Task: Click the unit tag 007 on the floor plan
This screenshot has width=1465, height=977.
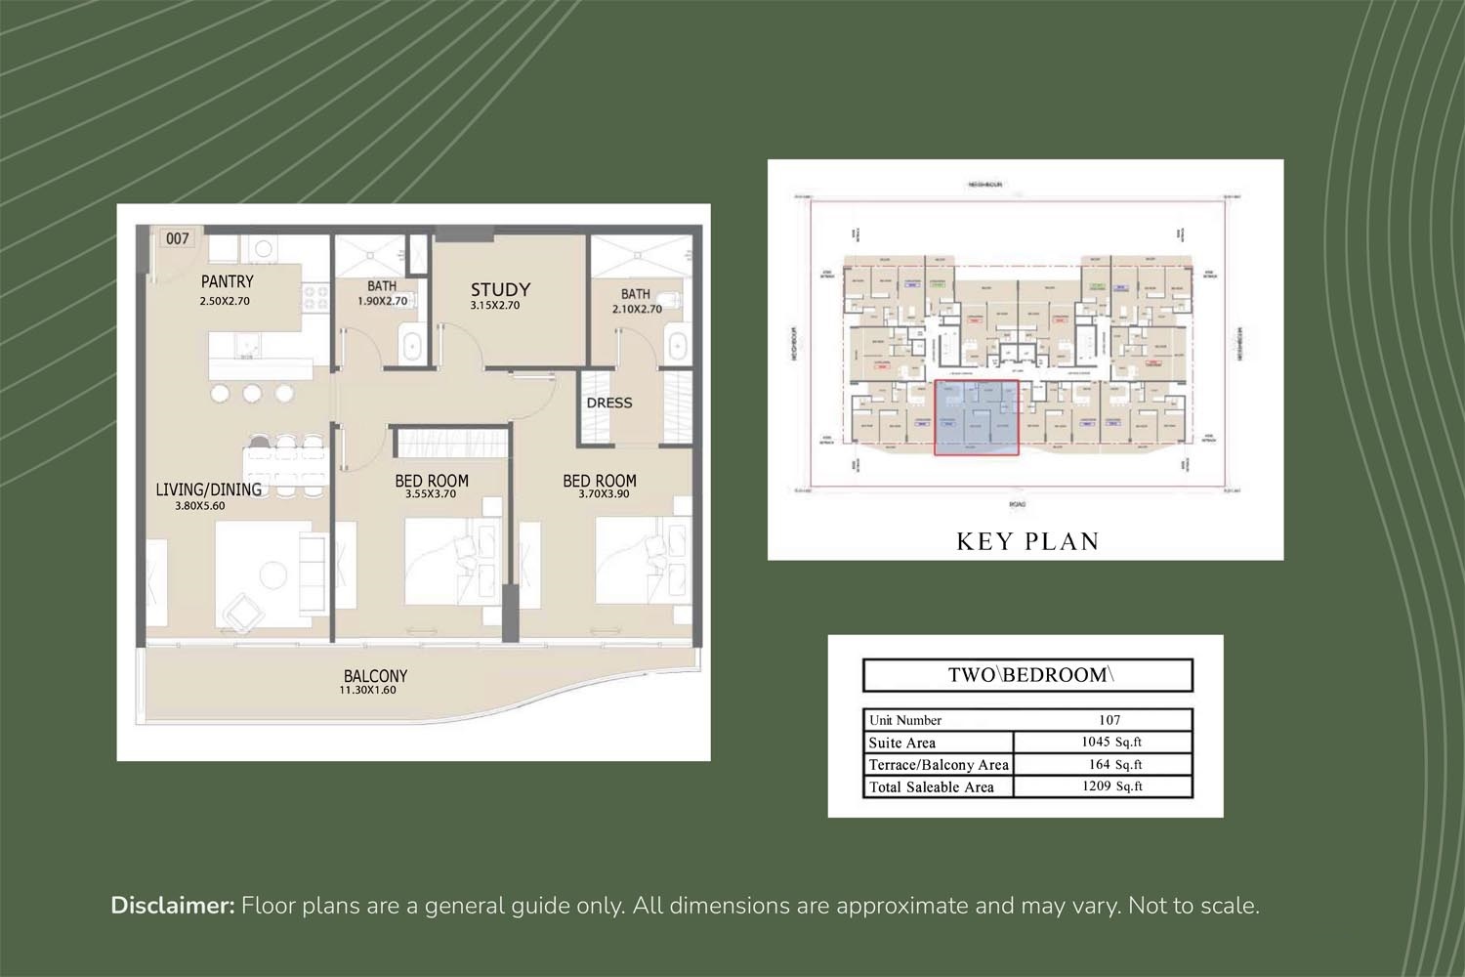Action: tap(177, 238)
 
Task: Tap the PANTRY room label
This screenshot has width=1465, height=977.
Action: tap(228, 282)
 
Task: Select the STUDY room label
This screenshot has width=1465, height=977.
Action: tap(500, 289)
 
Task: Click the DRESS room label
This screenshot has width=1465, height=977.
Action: tap(609, 403)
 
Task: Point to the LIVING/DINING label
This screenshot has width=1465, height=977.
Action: tap(208, 489)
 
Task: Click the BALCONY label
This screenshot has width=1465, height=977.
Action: tap(375, 675)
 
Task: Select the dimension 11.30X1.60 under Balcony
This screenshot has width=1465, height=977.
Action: tap(367, 691)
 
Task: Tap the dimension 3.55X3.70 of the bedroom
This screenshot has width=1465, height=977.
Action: tap(431, 494)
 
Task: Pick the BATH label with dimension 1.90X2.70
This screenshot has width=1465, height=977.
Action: tap(382, 286)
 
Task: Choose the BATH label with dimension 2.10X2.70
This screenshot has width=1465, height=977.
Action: tap(635, 294)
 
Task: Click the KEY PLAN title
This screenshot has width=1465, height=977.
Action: tap(1027, 541)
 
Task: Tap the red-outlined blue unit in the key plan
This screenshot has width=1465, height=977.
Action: tap(977, 418)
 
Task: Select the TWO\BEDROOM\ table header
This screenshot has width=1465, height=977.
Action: tap(1027, 675)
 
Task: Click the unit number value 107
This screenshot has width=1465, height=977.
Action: tap(1109, 720)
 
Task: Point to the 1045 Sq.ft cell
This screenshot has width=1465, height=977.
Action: tap(1110, 743)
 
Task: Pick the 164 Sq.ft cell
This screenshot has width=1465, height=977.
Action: tap(1114, 765)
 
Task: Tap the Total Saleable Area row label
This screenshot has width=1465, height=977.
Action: tap(931, 787)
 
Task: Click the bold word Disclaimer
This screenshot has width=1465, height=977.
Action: tap(173, 906)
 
